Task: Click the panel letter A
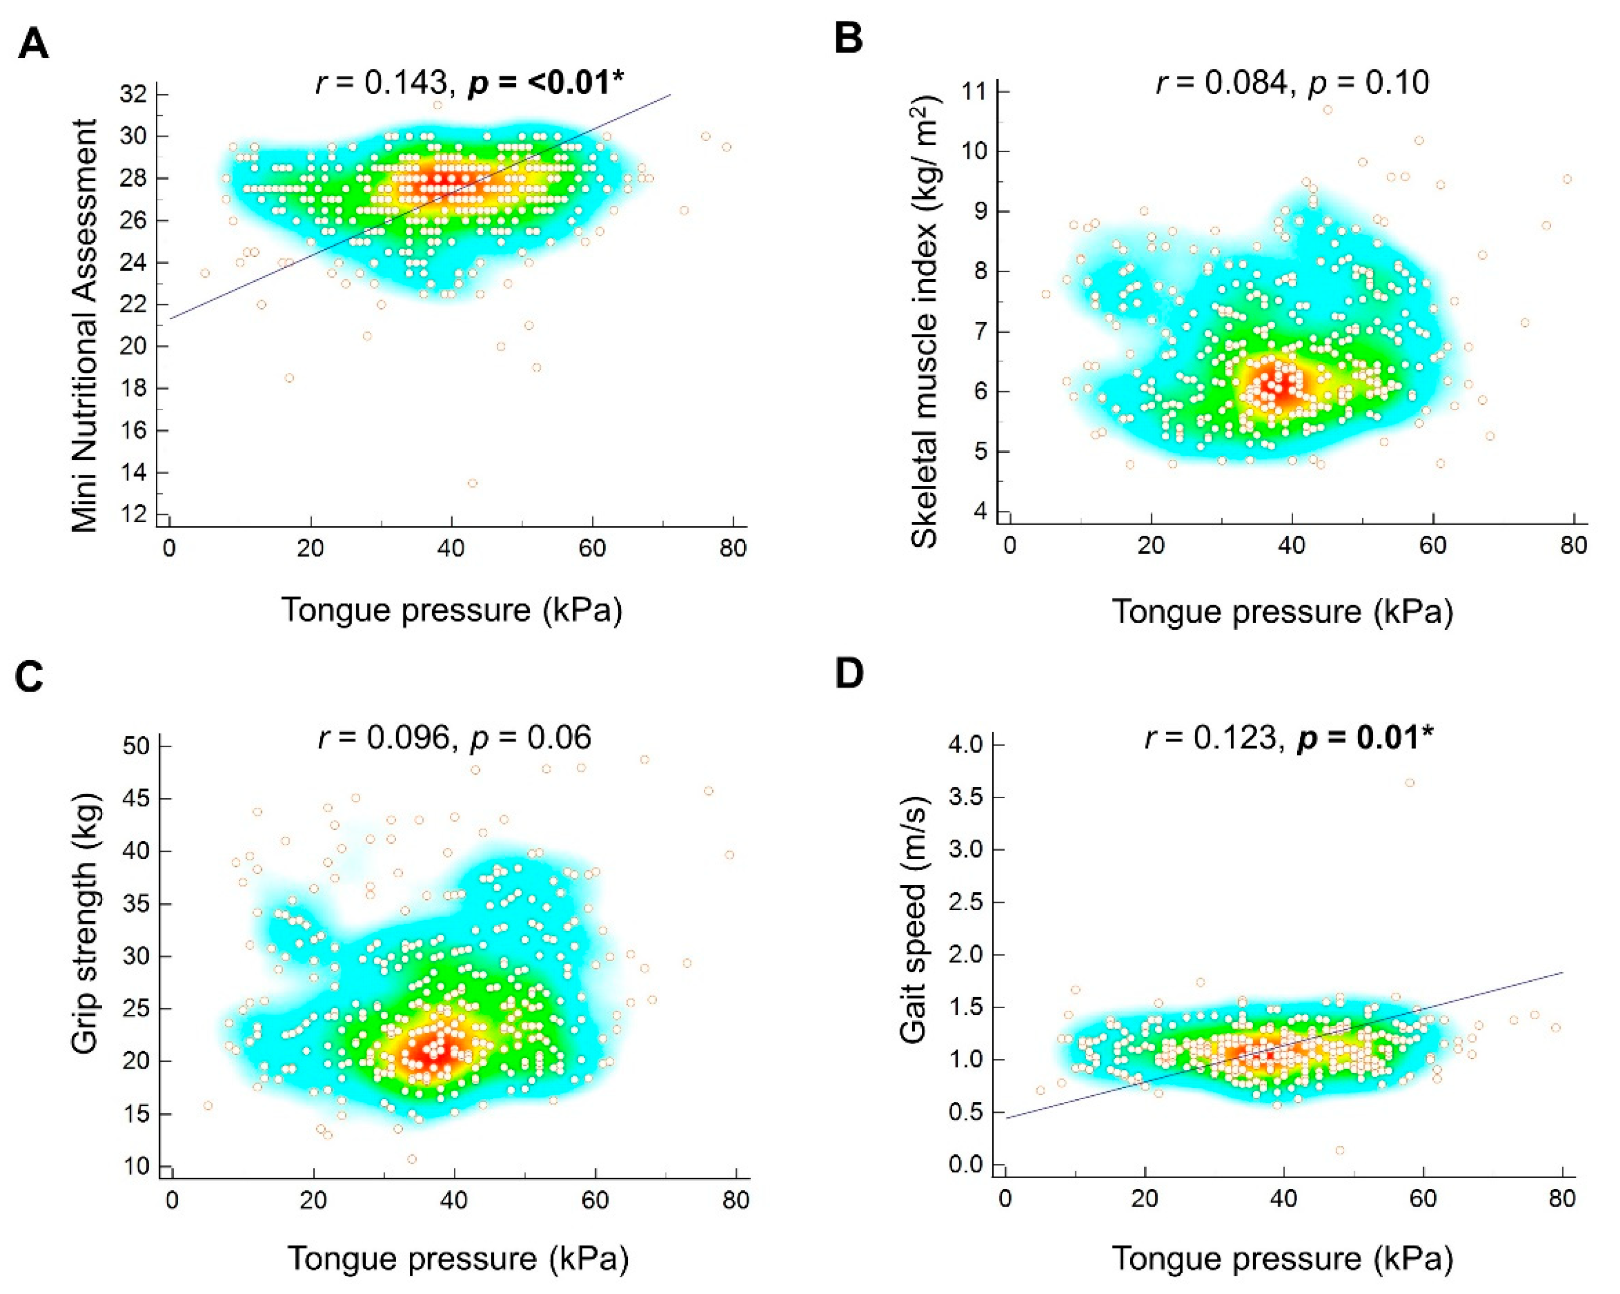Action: pyautogui.click(x=33, y=45)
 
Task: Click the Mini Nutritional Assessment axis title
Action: pyautogui.click(x=86, y=325)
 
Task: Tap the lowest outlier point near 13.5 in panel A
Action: pyautogui.click(x=472, y=483)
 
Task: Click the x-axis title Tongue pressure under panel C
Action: pyautogui.click(x=457, y=1258)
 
